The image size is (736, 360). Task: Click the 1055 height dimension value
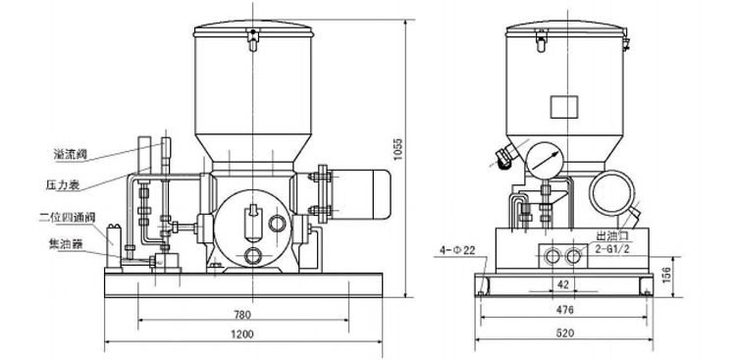pos(398,149)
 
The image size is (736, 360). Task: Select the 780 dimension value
pos(242,315)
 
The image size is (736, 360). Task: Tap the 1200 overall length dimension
pos(242,334)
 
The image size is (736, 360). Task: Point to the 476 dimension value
pos(564,310)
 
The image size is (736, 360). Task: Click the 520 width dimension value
pos(564,334)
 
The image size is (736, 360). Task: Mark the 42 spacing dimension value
pos(563,283)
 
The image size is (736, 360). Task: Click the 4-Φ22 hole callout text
pos(457,250)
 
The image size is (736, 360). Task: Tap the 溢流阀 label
pos(71,154)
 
